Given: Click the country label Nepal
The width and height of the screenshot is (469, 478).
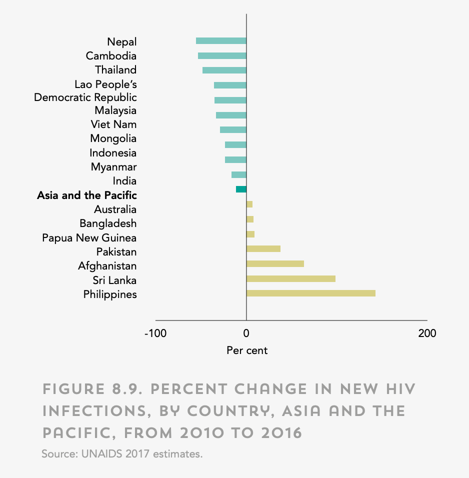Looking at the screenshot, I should coord(121,41).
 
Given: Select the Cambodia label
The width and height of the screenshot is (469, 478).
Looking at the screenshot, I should coord(111,55).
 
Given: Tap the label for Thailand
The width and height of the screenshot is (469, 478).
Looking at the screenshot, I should coord(115,69).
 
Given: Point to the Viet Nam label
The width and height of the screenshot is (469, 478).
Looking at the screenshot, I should coord(113,124).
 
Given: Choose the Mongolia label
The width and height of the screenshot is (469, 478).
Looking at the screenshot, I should coord(113,138).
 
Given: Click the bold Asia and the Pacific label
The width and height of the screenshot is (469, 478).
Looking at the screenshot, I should coord(86,195).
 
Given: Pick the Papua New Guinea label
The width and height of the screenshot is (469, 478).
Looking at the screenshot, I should coord(89,237).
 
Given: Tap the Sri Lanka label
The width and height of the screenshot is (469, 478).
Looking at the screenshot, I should coord(114,280).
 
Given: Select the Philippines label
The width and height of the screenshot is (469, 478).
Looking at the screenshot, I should coord(110,294).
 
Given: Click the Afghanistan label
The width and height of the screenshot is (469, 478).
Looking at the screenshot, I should coord(107,265).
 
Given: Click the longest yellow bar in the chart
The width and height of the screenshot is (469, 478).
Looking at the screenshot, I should coord(310,293).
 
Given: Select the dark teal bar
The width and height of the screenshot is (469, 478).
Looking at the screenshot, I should coord(241,189).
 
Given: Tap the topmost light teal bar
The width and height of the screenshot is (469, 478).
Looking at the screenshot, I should coord(221,41).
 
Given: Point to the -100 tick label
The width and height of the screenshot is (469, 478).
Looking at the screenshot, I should coord(155,333).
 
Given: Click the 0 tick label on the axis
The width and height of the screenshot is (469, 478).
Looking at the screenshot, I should coord(246,333).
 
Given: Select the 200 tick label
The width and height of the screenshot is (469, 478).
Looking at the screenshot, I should coord(427,333).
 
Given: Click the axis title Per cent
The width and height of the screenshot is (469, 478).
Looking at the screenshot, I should coord(247,350).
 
